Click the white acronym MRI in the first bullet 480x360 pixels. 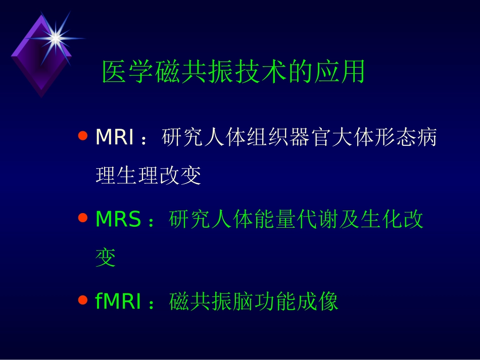click(x=115, y=137)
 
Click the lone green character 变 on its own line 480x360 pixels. click(x=106, y=259)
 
